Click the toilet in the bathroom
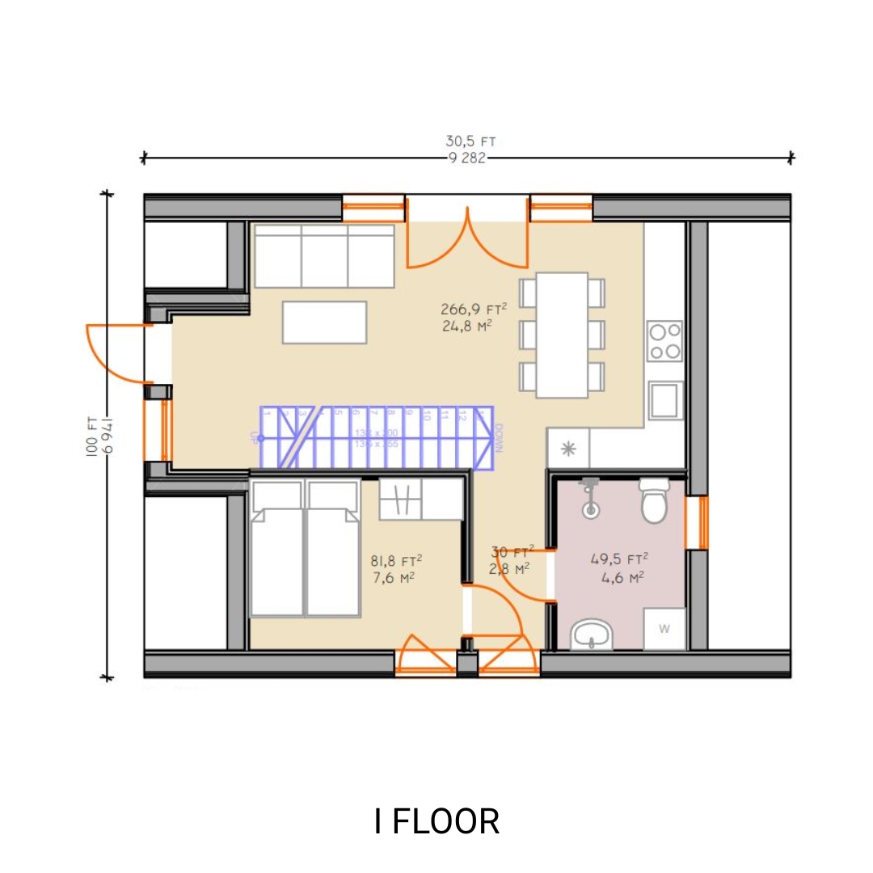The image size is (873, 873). pos(653,500)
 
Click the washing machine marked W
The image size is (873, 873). pos(664,628)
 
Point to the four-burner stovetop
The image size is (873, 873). pos(664,341)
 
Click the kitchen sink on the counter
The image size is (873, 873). pos(665,400)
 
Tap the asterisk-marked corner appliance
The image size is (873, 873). pos(568,449)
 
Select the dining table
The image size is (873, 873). pos(562,335)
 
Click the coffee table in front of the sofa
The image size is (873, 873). pos(324,323)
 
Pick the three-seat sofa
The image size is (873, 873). pos(324,256)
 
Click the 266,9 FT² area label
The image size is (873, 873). pos(474,309)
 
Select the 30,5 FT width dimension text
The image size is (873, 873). pos(470,141)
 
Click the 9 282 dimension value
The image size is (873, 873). pos(467,158)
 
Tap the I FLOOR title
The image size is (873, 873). pos(436,821)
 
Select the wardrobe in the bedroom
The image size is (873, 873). pos(420,500)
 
